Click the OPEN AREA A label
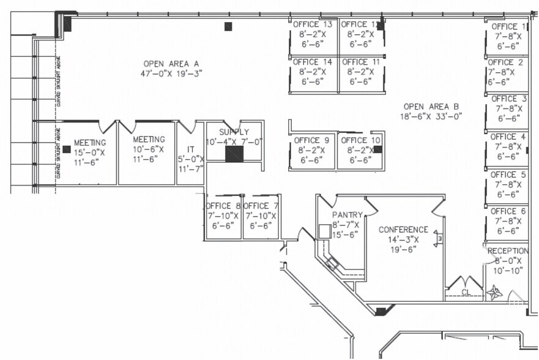pos(171,63)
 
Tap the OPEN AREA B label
pos(431,106)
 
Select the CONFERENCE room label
pos(403,230)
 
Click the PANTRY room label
pos(348,215)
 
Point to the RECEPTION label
pos(507,251)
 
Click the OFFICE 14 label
pos(312,62)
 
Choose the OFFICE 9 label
pos(311,140)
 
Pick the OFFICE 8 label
pos(223,206)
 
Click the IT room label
pos(190,149)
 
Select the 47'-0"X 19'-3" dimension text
pos(171,73)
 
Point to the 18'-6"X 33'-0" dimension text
pos(431,116)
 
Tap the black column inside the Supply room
pos(234,153)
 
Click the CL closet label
pos(465,292)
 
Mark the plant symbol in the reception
pos(495,291)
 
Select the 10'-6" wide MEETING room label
pos(149,139)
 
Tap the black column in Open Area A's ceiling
pos(228,26)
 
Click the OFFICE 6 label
pos(508,211)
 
